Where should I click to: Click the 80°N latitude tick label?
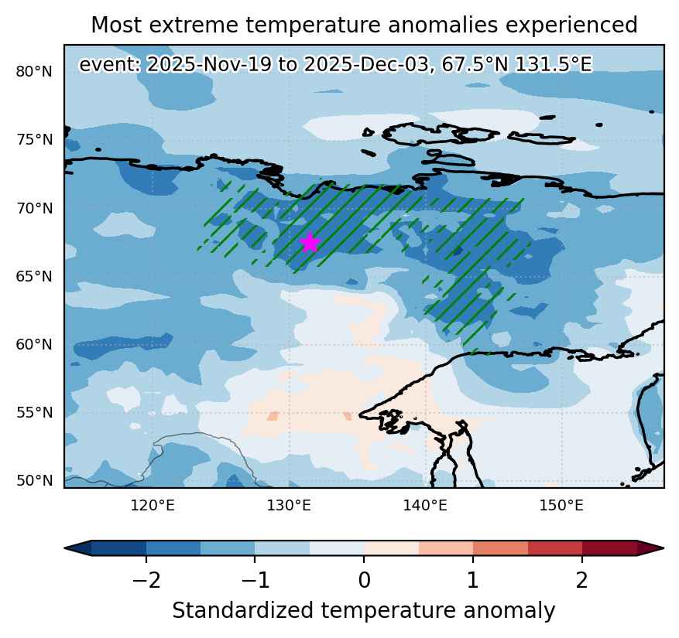[x=34, y=71]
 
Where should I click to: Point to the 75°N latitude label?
[x=34, y=140]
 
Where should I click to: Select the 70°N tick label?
[x=34, y=208]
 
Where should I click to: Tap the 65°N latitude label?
[x=34, y=276]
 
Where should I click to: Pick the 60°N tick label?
[x=34, y=344]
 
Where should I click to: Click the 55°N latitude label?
[x=34, y=412]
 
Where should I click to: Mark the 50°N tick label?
[x=34, y=480]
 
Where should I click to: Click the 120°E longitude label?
[x=153, y=505]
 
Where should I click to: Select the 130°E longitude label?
[x=289, y=505]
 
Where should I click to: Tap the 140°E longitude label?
[x=425, y=505]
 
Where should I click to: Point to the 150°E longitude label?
[x=561, y=505]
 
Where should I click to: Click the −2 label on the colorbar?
[x=146, y=580]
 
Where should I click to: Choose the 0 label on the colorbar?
[x=364, y=580]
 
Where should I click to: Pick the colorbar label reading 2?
[x=581, y=580]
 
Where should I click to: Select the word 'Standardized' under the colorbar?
[x=242, y=611]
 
